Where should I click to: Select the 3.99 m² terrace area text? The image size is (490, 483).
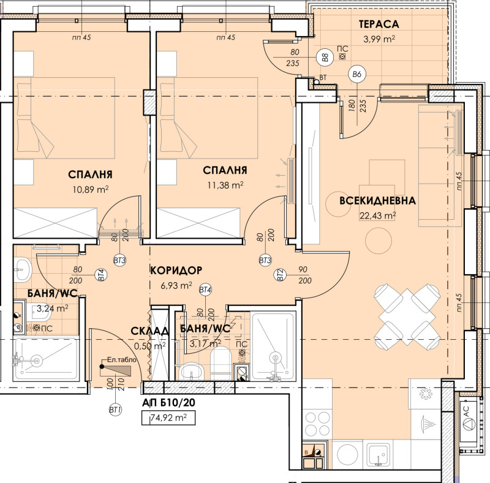click(379, 39)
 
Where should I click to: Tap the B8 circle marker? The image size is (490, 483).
click(325, 59)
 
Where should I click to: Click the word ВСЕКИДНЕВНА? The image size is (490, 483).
click(378, 200)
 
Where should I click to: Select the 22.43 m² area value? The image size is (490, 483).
click(377, 214)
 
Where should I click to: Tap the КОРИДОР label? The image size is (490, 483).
click(176, 270)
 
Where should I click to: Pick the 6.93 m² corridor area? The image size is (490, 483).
click(176, 285)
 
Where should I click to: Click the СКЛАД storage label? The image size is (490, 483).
click(149, 331)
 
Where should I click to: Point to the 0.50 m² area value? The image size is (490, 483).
click(149, 346)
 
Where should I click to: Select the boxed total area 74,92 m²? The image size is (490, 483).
click(168, 419)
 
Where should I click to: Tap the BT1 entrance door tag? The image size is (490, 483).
click(113, 409)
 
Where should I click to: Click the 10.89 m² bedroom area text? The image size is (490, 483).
click(90, 189)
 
